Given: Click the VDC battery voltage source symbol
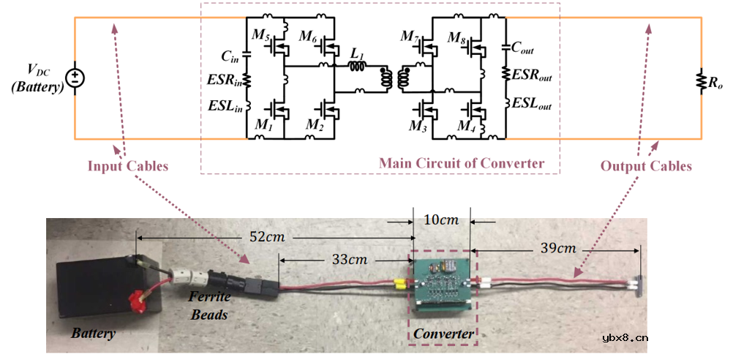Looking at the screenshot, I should tap(75, 78).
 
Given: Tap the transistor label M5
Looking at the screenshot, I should tap(260, 35).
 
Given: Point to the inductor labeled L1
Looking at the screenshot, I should tap(358, 67).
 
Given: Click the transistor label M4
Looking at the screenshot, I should tap(465, 127).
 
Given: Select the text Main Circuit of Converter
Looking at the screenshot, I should tap(461, 162).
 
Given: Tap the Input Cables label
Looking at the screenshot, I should tap(128, 166).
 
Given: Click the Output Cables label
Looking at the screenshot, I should tap(646, 166).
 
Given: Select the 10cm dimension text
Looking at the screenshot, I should tap(442, 218).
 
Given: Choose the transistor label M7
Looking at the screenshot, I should tap(409, 35).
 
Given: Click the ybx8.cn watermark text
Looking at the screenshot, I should tap(625, 337).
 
